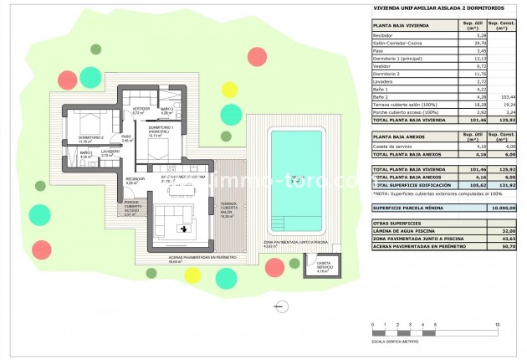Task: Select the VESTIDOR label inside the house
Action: pos(142,110)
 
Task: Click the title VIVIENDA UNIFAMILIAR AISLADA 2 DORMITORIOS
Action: pos(427,10)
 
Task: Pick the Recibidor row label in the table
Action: pos(386,36)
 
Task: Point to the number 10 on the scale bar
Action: pos(499,323)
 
